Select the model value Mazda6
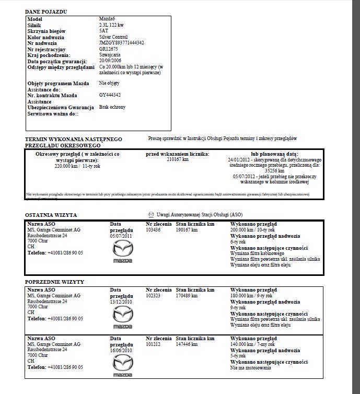click(107, 19)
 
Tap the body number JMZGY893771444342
click(122, 43)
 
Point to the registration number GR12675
click(108, 49)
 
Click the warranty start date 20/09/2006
click(111, 61)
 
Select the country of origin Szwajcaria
click(111, 54)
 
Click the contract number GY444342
click(110, 95)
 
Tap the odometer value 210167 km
click(177, 160)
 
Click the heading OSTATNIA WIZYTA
click(51, 215)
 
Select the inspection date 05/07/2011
click(121, 236)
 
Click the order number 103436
click(153, 230)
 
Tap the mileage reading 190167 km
click(187, 230)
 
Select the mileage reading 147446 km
click(187, 345)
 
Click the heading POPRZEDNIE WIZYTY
click(55, 282)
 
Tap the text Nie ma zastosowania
click(251, 368)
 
